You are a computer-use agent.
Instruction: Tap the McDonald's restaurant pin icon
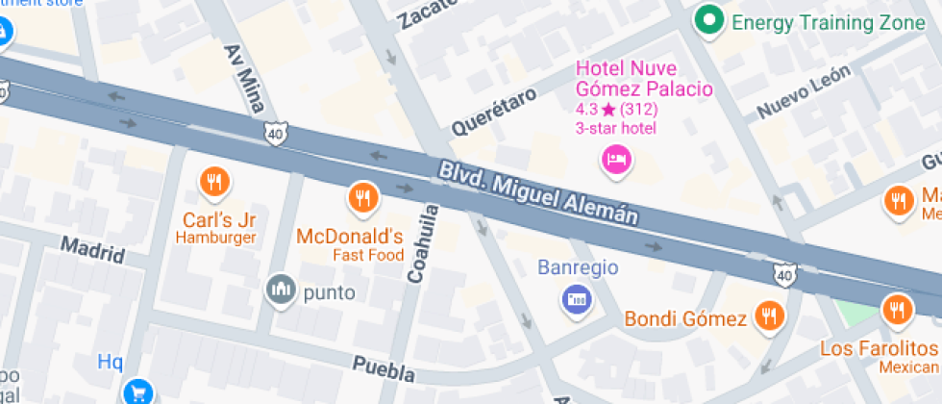361,196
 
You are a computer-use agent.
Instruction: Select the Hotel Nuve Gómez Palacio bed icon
615,158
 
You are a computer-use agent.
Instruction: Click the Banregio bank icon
576,298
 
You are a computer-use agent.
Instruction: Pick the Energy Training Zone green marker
709,19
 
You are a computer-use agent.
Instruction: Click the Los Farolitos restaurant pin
896,310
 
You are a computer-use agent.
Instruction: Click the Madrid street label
92,249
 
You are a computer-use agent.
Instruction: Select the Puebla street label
384,369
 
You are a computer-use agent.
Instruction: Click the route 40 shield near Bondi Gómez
785,276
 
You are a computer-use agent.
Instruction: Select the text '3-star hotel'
616,128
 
